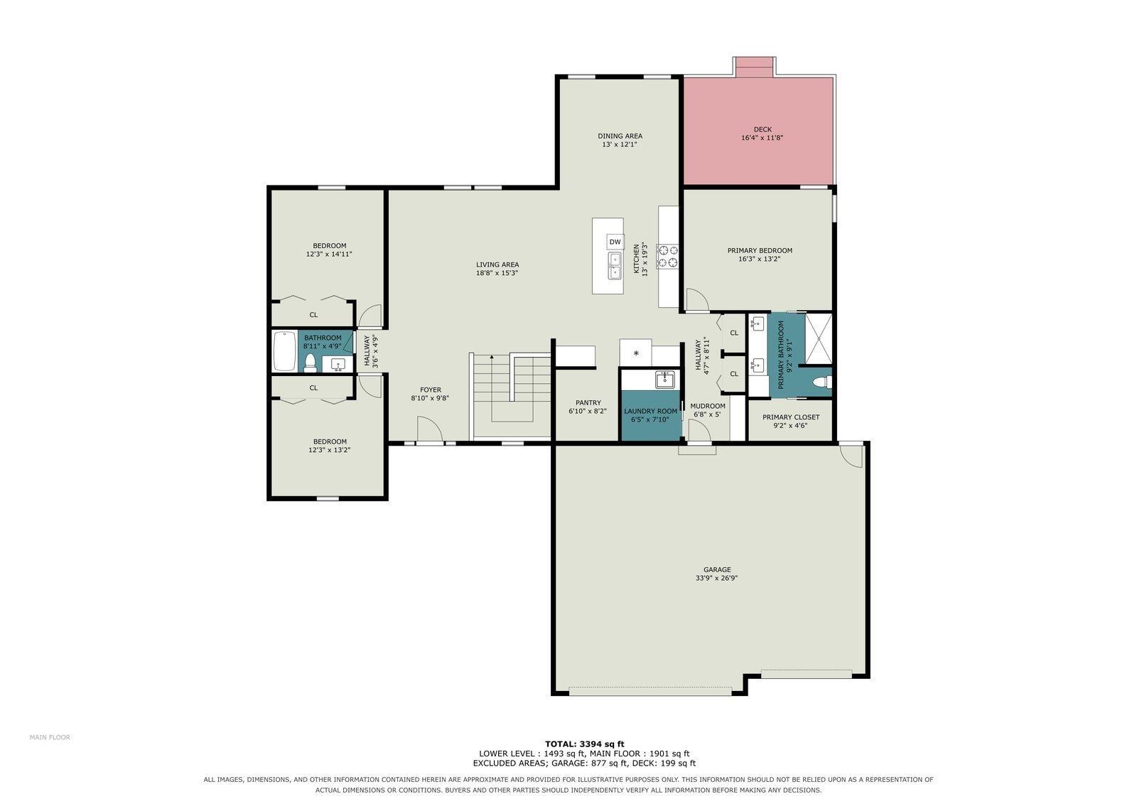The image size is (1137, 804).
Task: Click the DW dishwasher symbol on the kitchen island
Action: click(615, 242)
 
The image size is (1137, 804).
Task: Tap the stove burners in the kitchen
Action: click(667, 257)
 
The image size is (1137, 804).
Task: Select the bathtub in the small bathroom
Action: click(285, 351)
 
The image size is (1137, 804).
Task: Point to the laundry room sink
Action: click(664, 380)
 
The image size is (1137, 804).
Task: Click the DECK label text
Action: click(763, 129)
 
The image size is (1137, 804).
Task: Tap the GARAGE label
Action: click(717, 569)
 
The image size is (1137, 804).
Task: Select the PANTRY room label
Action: click(588, 403)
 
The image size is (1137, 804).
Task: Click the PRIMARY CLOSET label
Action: click(791, 417)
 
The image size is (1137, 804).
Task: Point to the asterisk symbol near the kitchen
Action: click(636, 353)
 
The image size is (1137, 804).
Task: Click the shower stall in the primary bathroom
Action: click(819, 339)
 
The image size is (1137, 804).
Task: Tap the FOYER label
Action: click(431, 390)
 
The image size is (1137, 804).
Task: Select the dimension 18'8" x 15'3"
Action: click(497, 273)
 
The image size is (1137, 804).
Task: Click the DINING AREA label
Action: click(620, 136)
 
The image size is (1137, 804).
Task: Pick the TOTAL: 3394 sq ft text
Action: click(585, 744)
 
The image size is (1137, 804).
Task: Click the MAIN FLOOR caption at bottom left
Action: click(50, 737)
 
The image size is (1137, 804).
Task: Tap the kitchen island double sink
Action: click(615, 266)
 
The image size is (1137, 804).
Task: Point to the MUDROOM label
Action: click(708, 406)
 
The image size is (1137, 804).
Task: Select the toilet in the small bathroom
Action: click(310, 363)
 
